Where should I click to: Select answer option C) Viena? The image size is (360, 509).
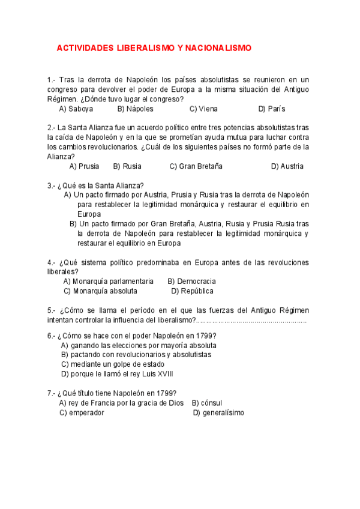point(203,109)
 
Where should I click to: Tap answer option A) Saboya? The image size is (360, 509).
point(76,109)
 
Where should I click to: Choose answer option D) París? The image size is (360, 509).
point(272,109)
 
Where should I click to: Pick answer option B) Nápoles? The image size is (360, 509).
point(135,109)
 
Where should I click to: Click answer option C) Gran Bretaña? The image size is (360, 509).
point(196,166)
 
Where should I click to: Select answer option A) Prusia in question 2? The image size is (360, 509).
point(85,166)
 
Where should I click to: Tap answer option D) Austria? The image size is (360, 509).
point(287,166)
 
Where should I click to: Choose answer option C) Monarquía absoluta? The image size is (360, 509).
point(100,291)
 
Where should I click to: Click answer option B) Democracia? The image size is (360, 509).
point(191,281)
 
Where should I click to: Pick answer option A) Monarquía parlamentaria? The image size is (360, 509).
point(108,281)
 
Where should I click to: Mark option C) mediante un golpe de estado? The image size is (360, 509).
point(113,364)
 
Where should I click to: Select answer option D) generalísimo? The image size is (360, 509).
point(218,413)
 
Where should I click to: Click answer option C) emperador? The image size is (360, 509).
point(82,413)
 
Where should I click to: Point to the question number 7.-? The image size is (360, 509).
point(52,393)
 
